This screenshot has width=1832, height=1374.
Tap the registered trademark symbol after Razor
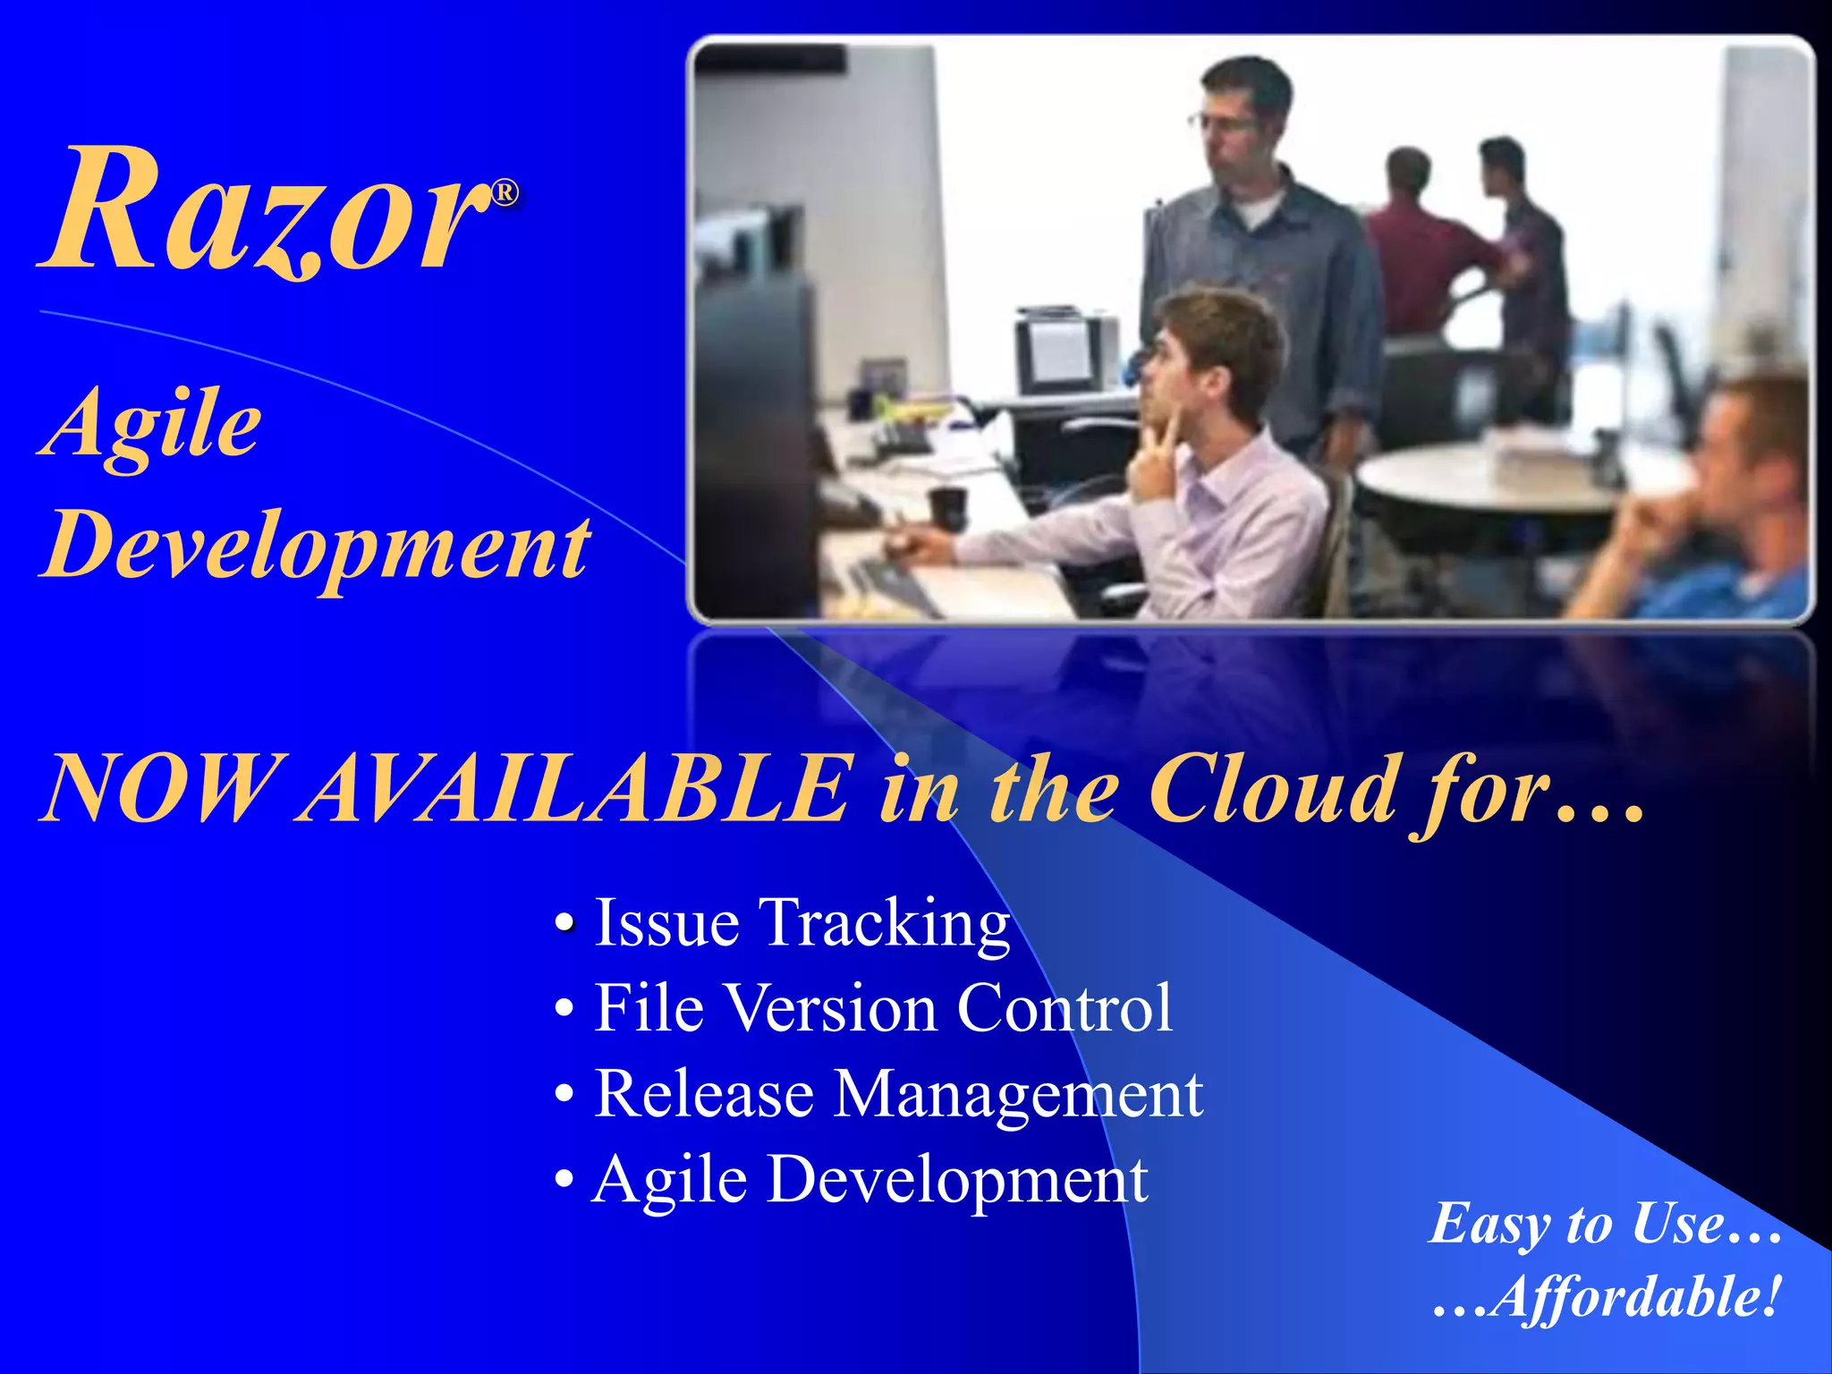tap(505, 193)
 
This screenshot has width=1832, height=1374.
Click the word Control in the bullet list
tap(1064, 1008)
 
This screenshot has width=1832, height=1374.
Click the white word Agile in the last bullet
tap(671, 1180)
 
